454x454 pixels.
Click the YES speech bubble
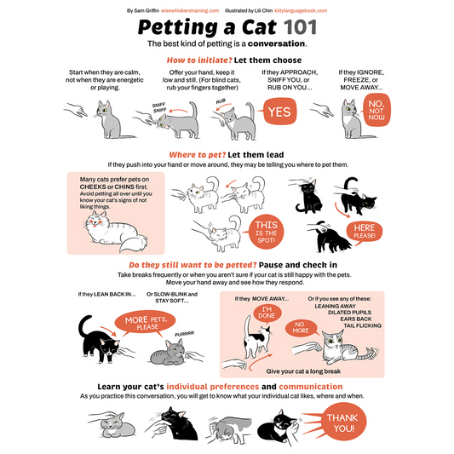[x=279, y=112]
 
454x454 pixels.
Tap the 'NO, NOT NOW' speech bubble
[x=376, y=110]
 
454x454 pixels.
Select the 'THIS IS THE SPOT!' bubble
[x=266, y=232]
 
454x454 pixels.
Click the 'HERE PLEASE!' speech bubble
[x=365, y=232]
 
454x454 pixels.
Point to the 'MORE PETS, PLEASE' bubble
[x=146, y=323]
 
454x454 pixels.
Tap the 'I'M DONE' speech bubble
[x=267, y=313]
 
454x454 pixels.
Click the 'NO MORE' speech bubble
[x=301, y=328]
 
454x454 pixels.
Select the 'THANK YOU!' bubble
[x=343, y=423]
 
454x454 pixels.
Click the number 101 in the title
[x=301, y=27]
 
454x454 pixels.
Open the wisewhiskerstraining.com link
[x=190, y=11]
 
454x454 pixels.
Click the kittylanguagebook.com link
[x=301, y=11]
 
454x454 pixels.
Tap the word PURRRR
[x=184, y=334]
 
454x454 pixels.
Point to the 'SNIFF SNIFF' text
[x=159, y=107]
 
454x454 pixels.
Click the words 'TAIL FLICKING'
[x=362, y=325]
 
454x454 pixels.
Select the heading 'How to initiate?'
[x=199, y=60]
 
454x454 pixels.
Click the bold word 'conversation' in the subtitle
[x=276, y=43]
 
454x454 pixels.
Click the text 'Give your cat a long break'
[x=303, y=371]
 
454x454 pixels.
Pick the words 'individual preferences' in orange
[x=213, y=387]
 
